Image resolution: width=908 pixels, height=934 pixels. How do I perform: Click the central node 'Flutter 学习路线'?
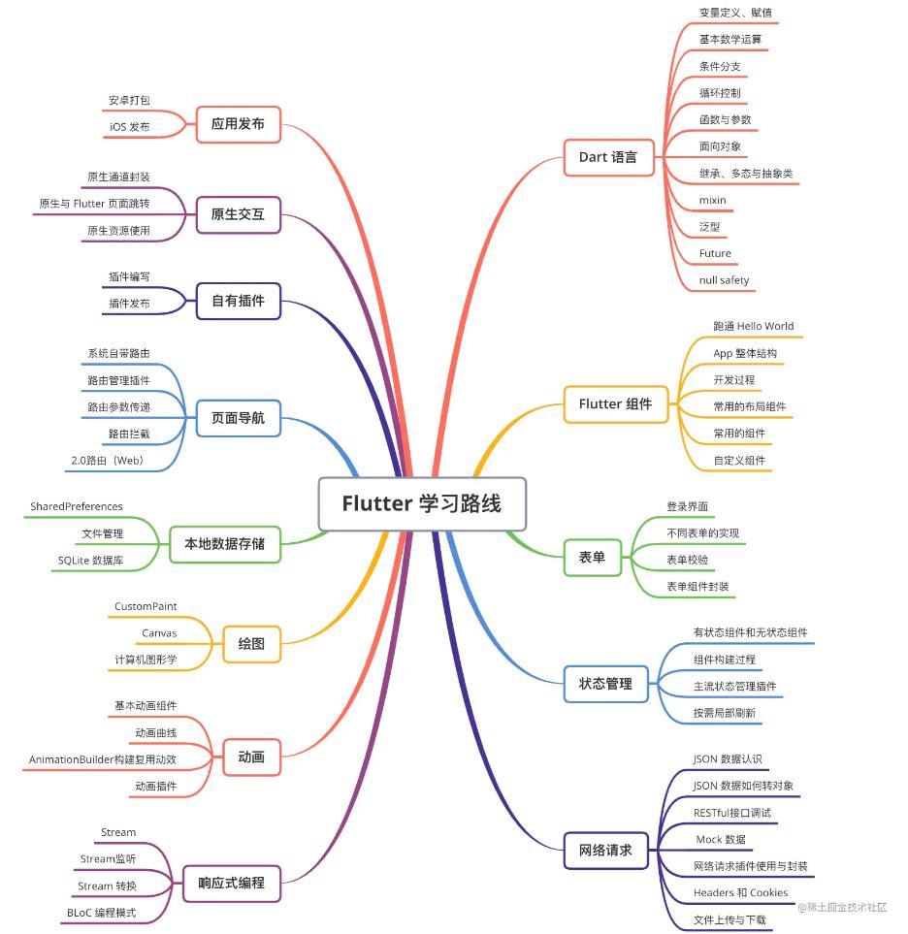[x=421, y=504]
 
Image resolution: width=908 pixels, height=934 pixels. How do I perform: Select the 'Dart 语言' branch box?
[x=608, y=156]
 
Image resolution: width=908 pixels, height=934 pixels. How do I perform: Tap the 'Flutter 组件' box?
[x=615, y=403]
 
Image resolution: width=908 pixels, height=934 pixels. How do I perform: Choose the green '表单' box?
[x=592, y=557]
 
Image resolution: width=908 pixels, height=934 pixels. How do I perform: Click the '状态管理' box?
[x=605, y=683]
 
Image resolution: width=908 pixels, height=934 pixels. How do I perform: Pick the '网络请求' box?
[x=605, y=850]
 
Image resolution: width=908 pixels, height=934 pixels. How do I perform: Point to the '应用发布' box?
[x=238, y=124]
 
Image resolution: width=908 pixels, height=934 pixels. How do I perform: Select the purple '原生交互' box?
[x=238, y=214]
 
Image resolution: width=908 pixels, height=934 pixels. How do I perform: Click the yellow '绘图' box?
[x=251, y=642]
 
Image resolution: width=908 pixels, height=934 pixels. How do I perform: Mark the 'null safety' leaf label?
[x=724, y=280]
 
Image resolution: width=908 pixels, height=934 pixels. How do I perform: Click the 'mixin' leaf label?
[x=712, y=200]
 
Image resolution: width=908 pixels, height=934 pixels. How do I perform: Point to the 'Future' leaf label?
[x=715, y=253]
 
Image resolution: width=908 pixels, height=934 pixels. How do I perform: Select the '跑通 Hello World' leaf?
[x=753, y=326]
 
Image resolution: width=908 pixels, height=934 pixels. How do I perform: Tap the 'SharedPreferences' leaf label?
[x=77, y=506]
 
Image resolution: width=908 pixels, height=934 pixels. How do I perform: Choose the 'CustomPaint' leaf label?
[x=146, y=606]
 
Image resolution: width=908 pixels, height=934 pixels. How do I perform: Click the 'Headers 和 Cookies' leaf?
[x=740, y=892]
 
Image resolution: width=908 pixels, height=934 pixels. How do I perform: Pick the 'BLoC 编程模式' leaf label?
[x=101, y=913]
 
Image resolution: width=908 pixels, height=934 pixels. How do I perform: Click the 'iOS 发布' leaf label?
[x=129, y=127]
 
